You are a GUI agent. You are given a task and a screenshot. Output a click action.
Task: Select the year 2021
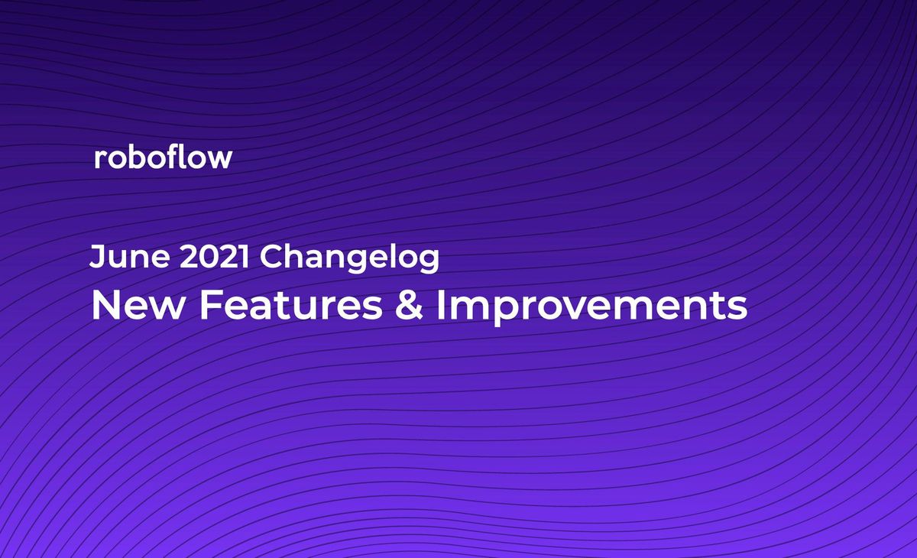pos(215,258)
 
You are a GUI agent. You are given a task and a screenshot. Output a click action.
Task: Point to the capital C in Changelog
pos(272,258)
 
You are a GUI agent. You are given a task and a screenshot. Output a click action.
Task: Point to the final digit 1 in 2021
pos(244,258)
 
